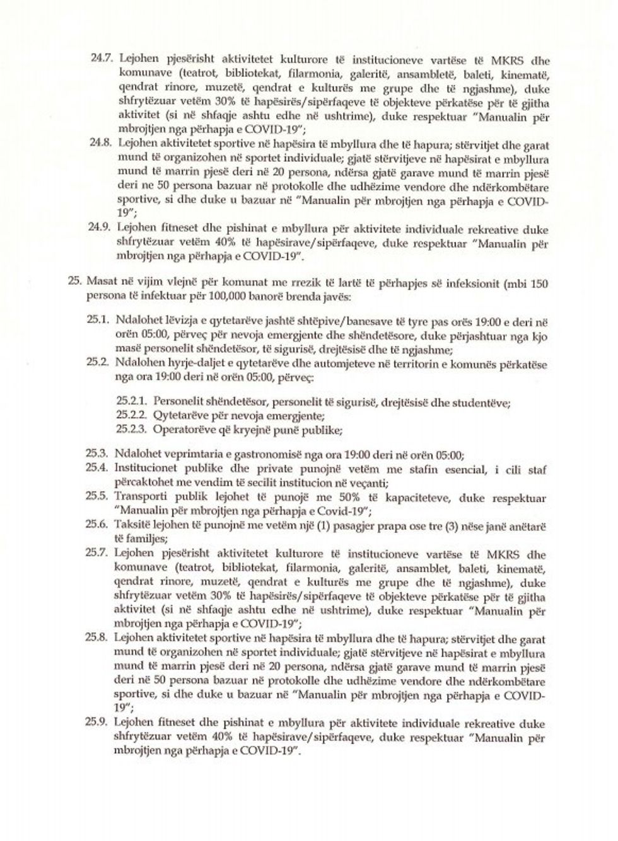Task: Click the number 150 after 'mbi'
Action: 539,283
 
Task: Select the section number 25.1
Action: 99,321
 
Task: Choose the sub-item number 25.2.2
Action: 132,416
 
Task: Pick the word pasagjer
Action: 344,525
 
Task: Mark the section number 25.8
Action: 99,638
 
